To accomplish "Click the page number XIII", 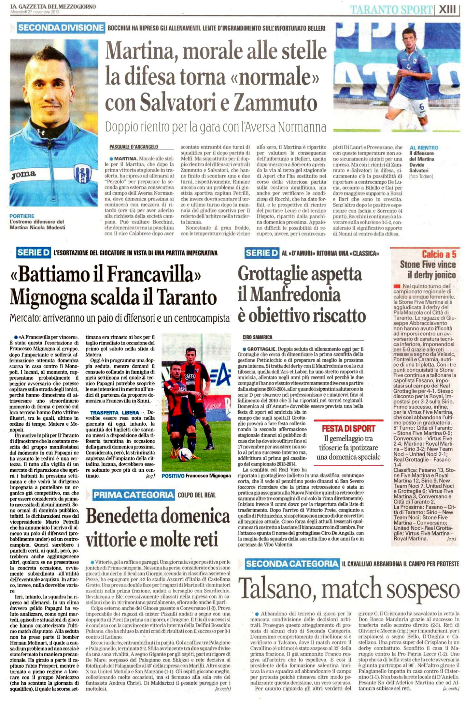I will [448, 9].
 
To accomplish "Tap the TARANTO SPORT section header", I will [391, 10].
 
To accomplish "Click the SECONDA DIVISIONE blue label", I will [61, 28].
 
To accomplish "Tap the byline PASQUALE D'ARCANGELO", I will [134, 147].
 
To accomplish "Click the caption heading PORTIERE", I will [22, 216].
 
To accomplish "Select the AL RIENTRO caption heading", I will [424, 148].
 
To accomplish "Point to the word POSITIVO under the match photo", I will [173, 476].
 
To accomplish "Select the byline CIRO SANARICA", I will [257, 337].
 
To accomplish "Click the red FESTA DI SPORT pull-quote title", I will [348, 428].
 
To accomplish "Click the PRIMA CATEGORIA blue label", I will [134, 495].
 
